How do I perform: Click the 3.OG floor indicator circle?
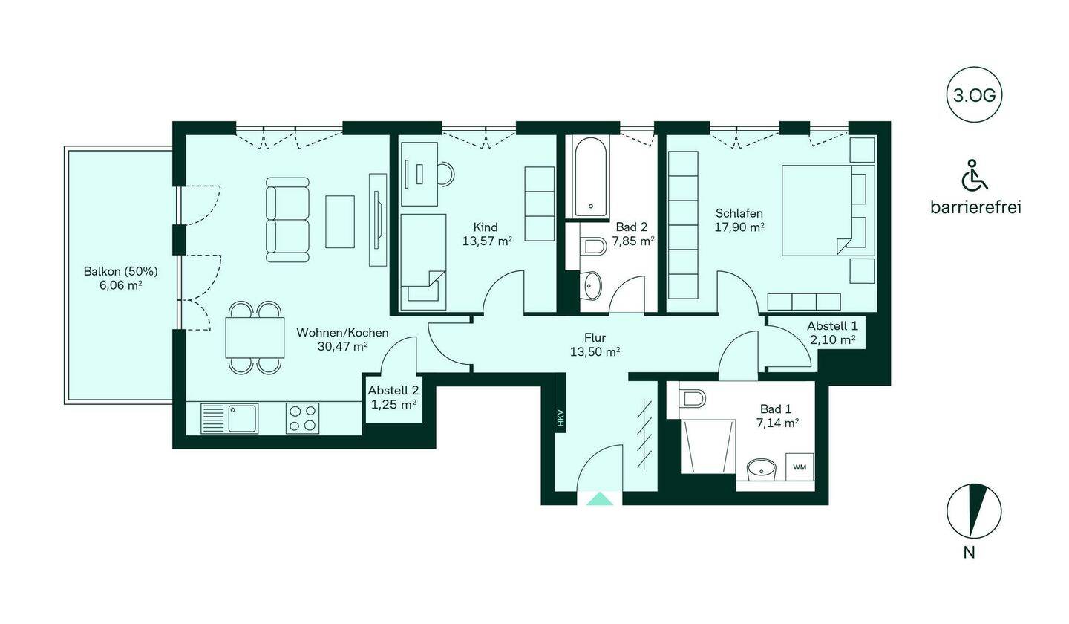[973, 95]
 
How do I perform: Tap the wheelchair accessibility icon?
[973, 175]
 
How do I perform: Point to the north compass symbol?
[973, 511]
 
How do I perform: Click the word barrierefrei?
[975, 207]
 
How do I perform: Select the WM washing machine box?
[800, 467]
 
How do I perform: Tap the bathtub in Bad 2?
[590, 178]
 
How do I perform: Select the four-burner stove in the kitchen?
[303, 418]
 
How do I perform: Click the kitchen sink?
[229, 418]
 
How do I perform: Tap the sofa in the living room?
[287, 220]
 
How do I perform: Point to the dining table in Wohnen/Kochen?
[255, 337]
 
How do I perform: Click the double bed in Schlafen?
[828, 210]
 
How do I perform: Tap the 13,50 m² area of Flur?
[595, 352]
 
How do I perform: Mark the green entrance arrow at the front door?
[599, 499]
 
